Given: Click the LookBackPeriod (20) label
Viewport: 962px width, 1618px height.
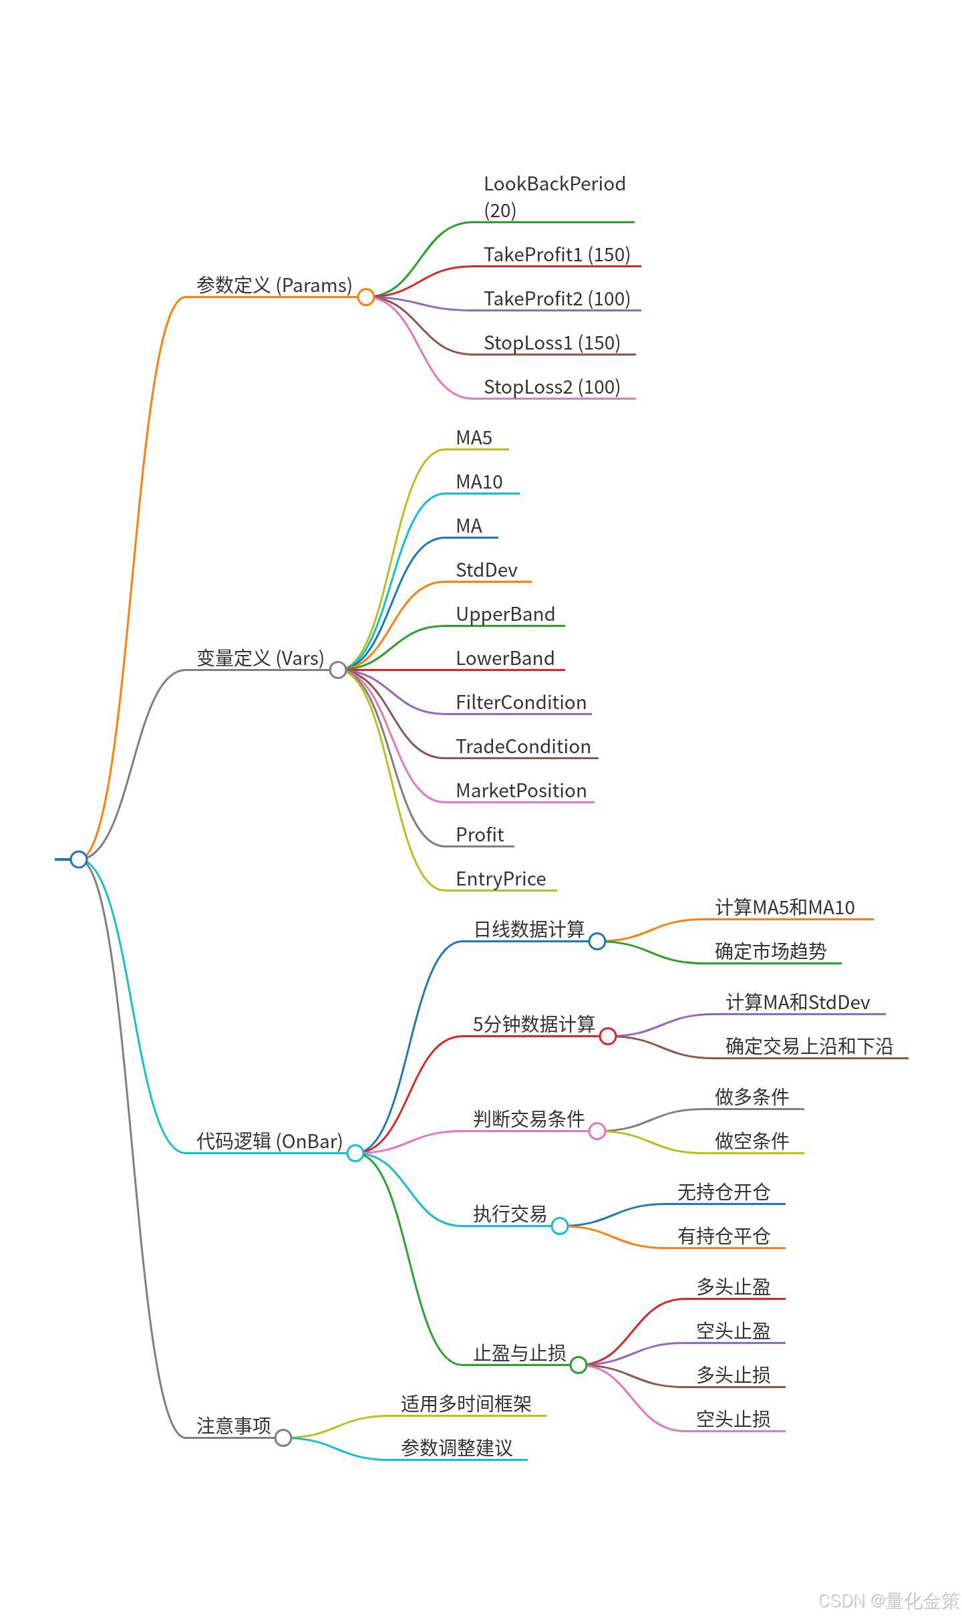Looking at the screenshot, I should coord(554,196).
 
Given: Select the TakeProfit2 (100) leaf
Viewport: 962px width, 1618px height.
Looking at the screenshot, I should coord(556,299).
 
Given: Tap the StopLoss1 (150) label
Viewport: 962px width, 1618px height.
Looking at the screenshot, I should coord(552,343).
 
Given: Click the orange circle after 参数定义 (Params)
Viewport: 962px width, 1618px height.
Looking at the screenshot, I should coord(365,297).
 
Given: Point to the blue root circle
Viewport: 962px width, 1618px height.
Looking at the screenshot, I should coord(79,859).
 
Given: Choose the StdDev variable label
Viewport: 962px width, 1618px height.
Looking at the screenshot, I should coord(486,570).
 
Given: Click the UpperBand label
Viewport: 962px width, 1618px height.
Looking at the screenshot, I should coord(505,614).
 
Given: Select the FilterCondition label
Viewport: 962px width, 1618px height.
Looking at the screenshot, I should coord(521,702).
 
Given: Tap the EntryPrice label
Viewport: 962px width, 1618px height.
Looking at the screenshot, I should coord(500,879).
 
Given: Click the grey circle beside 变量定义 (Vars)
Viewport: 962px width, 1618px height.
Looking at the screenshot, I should coord(338,670).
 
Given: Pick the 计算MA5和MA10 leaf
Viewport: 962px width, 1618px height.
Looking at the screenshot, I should coord(784,908).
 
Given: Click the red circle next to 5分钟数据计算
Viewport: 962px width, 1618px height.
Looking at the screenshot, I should coord(607,1036).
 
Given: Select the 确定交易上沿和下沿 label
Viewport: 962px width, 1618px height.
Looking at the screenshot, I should coord(809,1046).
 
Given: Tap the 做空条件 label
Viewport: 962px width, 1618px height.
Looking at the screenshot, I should coord(752,1141).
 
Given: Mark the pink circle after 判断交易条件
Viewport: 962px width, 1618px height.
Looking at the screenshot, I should coord(597,1131).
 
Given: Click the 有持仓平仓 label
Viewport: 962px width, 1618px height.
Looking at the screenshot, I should coord(724,1236).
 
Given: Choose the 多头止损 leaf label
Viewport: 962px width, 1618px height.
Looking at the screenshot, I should coord(733,1375).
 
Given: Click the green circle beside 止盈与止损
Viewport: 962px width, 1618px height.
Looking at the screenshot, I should coord(579,1365).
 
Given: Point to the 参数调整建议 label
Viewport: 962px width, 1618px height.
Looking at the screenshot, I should coord(456,1448).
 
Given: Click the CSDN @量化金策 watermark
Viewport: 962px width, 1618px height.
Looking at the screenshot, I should coord(888,1601).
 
